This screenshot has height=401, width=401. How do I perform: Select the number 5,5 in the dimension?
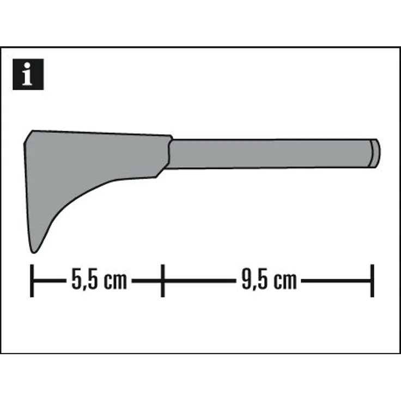83,281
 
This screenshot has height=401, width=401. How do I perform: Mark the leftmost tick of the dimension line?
32,281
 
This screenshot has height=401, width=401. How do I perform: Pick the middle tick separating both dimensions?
162,281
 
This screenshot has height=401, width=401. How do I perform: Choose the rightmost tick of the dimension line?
372,281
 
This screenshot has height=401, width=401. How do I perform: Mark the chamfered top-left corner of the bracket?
28,136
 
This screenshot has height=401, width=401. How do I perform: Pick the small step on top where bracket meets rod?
171,138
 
